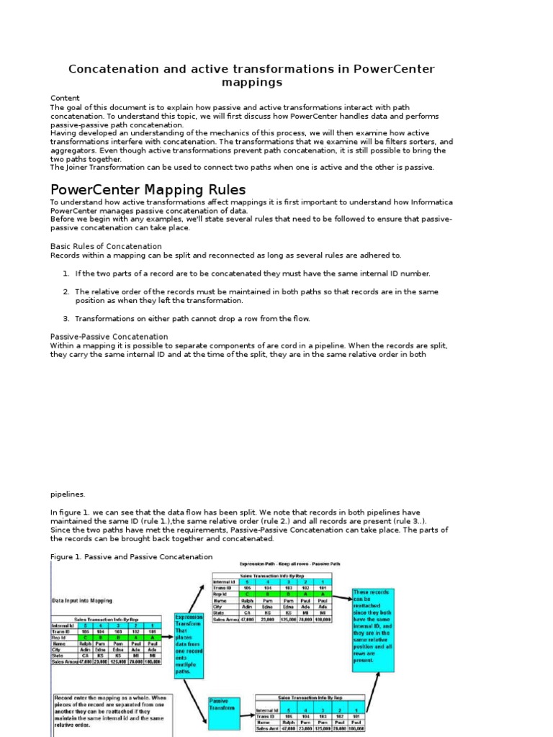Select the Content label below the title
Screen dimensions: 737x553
coord(65,98)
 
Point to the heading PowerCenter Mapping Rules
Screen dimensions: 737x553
coord(148,190)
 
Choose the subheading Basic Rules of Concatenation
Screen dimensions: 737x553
coord(106,246)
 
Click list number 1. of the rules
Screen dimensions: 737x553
coord(66,273)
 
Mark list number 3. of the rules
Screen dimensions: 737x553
coord(66,318)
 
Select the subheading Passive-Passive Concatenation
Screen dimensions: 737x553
coord(109,336)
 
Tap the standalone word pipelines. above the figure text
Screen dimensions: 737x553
coord(68,494)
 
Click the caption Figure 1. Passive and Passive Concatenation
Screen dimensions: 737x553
coord(131,556)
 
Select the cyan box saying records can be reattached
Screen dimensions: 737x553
coord(373,630)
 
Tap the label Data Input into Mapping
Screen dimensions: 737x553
coord(81,600)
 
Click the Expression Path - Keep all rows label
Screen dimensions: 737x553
coord(301,564)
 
